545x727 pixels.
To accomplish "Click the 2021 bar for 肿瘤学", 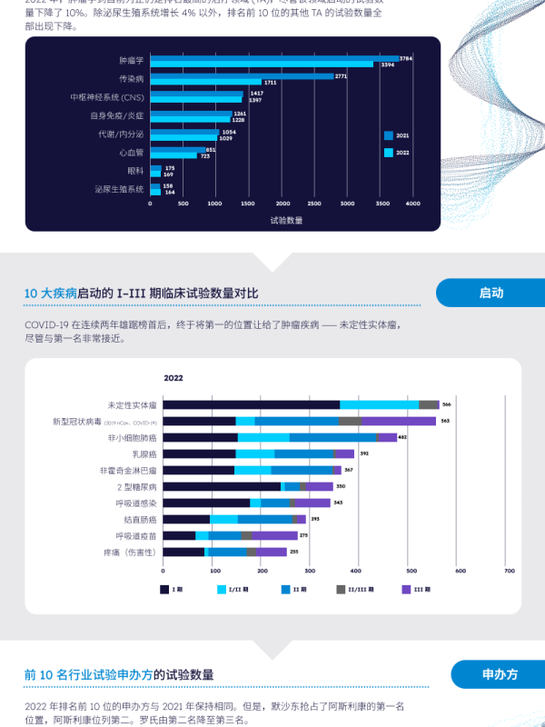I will (272, 58).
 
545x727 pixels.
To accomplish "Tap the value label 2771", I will (341, 76).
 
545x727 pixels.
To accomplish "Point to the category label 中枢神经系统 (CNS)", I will (107, 96).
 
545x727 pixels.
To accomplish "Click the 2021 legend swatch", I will (389, 135).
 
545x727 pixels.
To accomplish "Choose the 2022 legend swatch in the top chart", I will (389, 153).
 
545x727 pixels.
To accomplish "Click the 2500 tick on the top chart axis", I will (316, 204).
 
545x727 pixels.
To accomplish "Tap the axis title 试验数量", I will (286, 220).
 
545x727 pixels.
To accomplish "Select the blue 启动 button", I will (490, 293).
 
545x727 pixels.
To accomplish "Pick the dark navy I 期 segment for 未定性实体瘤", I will (252, 404).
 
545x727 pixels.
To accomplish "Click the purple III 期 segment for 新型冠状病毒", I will (399, 421).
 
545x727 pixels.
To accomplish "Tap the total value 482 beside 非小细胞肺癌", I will (402, 437).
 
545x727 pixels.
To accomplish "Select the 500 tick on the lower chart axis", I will (411, 571).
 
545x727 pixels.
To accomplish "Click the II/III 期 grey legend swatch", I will (342, 590).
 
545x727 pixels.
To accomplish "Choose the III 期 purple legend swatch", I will (406, 590).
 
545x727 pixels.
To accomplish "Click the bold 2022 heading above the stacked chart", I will (173, 378).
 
